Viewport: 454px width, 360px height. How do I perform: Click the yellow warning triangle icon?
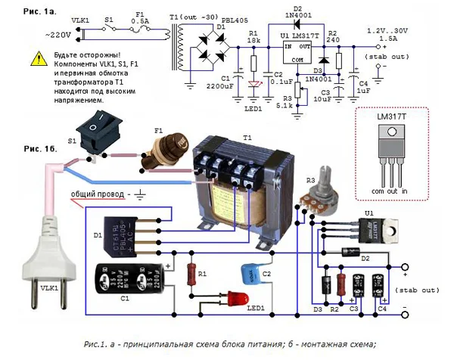click(x=38, y=57)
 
